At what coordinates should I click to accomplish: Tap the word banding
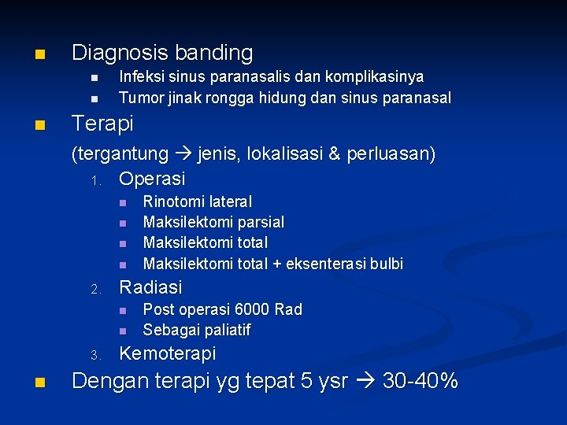(x=213, y=54)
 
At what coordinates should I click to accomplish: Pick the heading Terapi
(x=102, y=124)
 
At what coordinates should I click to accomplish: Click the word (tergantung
(x=120, y=153)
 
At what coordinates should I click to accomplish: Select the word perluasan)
(x=391, y=153)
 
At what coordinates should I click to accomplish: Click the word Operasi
(x=152, y=179)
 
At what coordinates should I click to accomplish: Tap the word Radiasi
(x=150, y=287)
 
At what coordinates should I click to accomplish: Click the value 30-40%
(x=420, y=382)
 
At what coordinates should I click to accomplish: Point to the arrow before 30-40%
(x=365, y=382)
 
